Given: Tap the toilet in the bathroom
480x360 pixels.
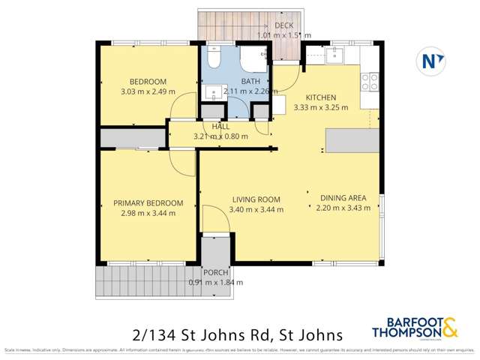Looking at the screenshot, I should (214, 58).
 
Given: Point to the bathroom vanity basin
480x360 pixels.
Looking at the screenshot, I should (211, 94).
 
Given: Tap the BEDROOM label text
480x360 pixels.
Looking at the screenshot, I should (148, 82).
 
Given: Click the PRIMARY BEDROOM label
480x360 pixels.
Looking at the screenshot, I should (148, 202).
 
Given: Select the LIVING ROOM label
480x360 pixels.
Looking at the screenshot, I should (256, 199).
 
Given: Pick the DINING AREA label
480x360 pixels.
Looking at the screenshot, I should (343, 198).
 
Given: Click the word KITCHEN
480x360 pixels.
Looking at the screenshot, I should (320, 97).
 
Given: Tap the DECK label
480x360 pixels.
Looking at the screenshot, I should (283, 25).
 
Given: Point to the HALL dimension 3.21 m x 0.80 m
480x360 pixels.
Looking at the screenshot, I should (220, 136).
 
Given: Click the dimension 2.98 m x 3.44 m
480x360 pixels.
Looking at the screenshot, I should (148, 213).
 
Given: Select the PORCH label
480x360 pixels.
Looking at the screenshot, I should (215, 272).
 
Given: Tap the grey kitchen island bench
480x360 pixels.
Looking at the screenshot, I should (352, 139).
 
